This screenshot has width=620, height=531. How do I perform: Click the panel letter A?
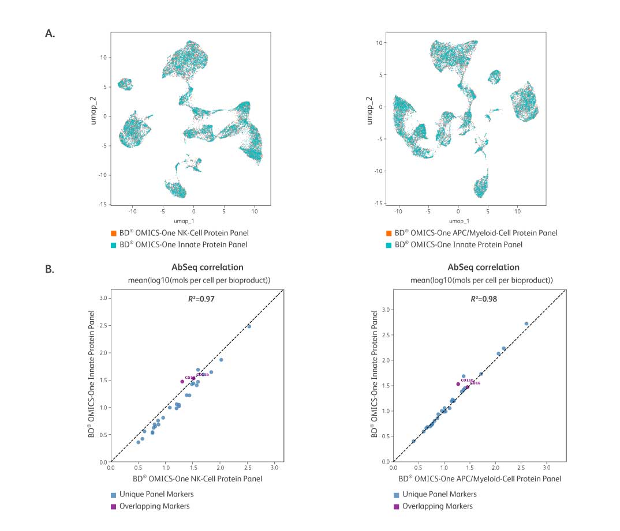tap(50, 33)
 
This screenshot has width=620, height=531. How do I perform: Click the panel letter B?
tap(50, 268)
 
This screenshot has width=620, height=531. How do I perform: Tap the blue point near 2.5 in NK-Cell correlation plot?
tap(249, 326)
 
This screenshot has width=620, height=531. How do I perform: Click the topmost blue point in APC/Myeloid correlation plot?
tap(526, 324)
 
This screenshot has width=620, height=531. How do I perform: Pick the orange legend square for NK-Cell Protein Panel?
tap(114, 234)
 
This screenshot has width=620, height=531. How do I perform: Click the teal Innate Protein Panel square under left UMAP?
tap(114, 245)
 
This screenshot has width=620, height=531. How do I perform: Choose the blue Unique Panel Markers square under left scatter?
tap(114, 495)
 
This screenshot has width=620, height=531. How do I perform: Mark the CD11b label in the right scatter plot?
tap(467, 381)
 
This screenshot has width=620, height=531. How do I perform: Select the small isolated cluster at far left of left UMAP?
tap(125, 84)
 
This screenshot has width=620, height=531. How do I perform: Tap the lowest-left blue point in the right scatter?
tap(413, 441)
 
